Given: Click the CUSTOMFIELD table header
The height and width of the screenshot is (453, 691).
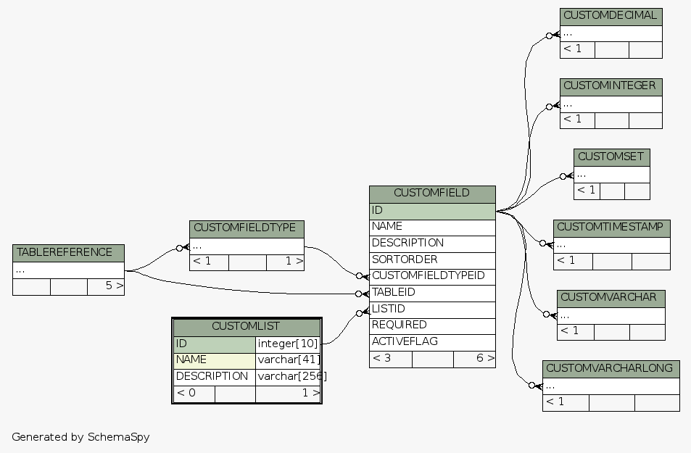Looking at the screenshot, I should pyautogui.click(x=432, y=194).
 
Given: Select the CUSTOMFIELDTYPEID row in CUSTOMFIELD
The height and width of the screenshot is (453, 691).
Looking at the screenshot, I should pyautogui.click(x=428, y=276).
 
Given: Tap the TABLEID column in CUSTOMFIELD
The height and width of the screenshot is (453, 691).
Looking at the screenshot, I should pyautogui.click(x=428, y=293).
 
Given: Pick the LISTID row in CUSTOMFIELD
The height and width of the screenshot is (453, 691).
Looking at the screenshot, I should pyautogui.click(x=428, y=309).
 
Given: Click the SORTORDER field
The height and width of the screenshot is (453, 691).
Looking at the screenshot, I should pyautogui.click(x=428, y=259).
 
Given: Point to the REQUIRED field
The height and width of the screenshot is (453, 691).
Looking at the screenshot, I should pyautogui.click(x=428, y=325).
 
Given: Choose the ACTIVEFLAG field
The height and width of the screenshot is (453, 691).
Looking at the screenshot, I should pyautogui.click(x=428, y=342).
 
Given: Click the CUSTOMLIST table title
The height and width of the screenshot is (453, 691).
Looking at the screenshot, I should pyautogui.click(x=246, y=327).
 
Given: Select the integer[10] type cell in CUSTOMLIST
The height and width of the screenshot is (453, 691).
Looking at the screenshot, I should pyautogui.click(x=288, y=344).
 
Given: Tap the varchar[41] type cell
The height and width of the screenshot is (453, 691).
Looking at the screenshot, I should pyautogui.click(x=288, y=360).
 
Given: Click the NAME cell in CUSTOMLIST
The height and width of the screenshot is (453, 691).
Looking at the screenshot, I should pyautogui.click(x=214, y=360).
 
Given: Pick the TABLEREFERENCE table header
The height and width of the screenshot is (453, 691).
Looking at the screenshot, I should pyautogui.click(x=68, y=253).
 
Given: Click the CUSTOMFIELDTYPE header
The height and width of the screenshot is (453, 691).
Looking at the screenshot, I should pyautogui.click(x=247, y=228).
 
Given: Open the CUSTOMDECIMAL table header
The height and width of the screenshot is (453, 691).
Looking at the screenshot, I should pyautogui.click(x=611, y=16).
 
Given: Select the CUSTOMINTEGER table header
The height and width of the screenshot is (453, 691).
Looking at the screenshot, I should pyautogui.click(x=611, y=86).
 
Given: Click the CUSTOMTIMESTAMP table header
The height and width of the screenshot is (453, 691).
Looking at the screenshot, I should pyautogui.click(x=611, y=228).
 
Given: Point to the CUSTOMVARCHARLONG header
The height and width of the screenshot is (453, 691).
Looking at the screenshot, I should pyautogui.click(x=611, y=369).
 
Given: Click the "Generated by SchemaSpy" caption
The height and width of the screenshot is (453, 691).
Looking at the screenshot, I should pyautogui.click(x=80, y=438).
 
